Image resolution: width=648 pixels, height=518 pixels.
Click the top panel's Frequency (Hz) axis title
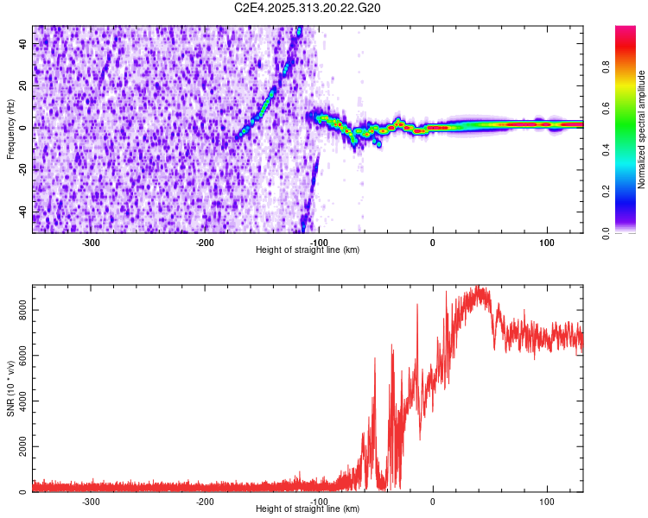point(10,129)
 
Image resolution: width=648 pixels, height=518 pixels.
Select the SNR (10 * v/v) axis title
point(10,388)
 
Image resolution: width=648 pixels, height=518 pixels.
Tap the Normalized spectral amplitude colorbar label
point(642,129)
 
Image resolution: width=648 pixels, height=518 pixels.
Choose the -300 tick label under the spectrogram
point(92,243)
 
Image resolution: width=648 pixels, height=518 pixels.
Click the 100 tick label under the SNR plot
point(546,502)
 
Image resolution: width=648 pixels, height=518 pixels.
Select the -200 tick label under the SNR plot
point(205,502)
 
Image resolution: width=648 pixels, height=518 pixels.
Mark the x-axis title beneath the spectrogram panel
point(308,250)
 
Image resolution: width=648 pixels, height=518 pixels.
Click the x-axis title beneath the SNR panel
point(308,509)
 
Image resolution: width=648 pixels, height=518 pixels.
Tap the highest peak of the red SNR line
point(477,287)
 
